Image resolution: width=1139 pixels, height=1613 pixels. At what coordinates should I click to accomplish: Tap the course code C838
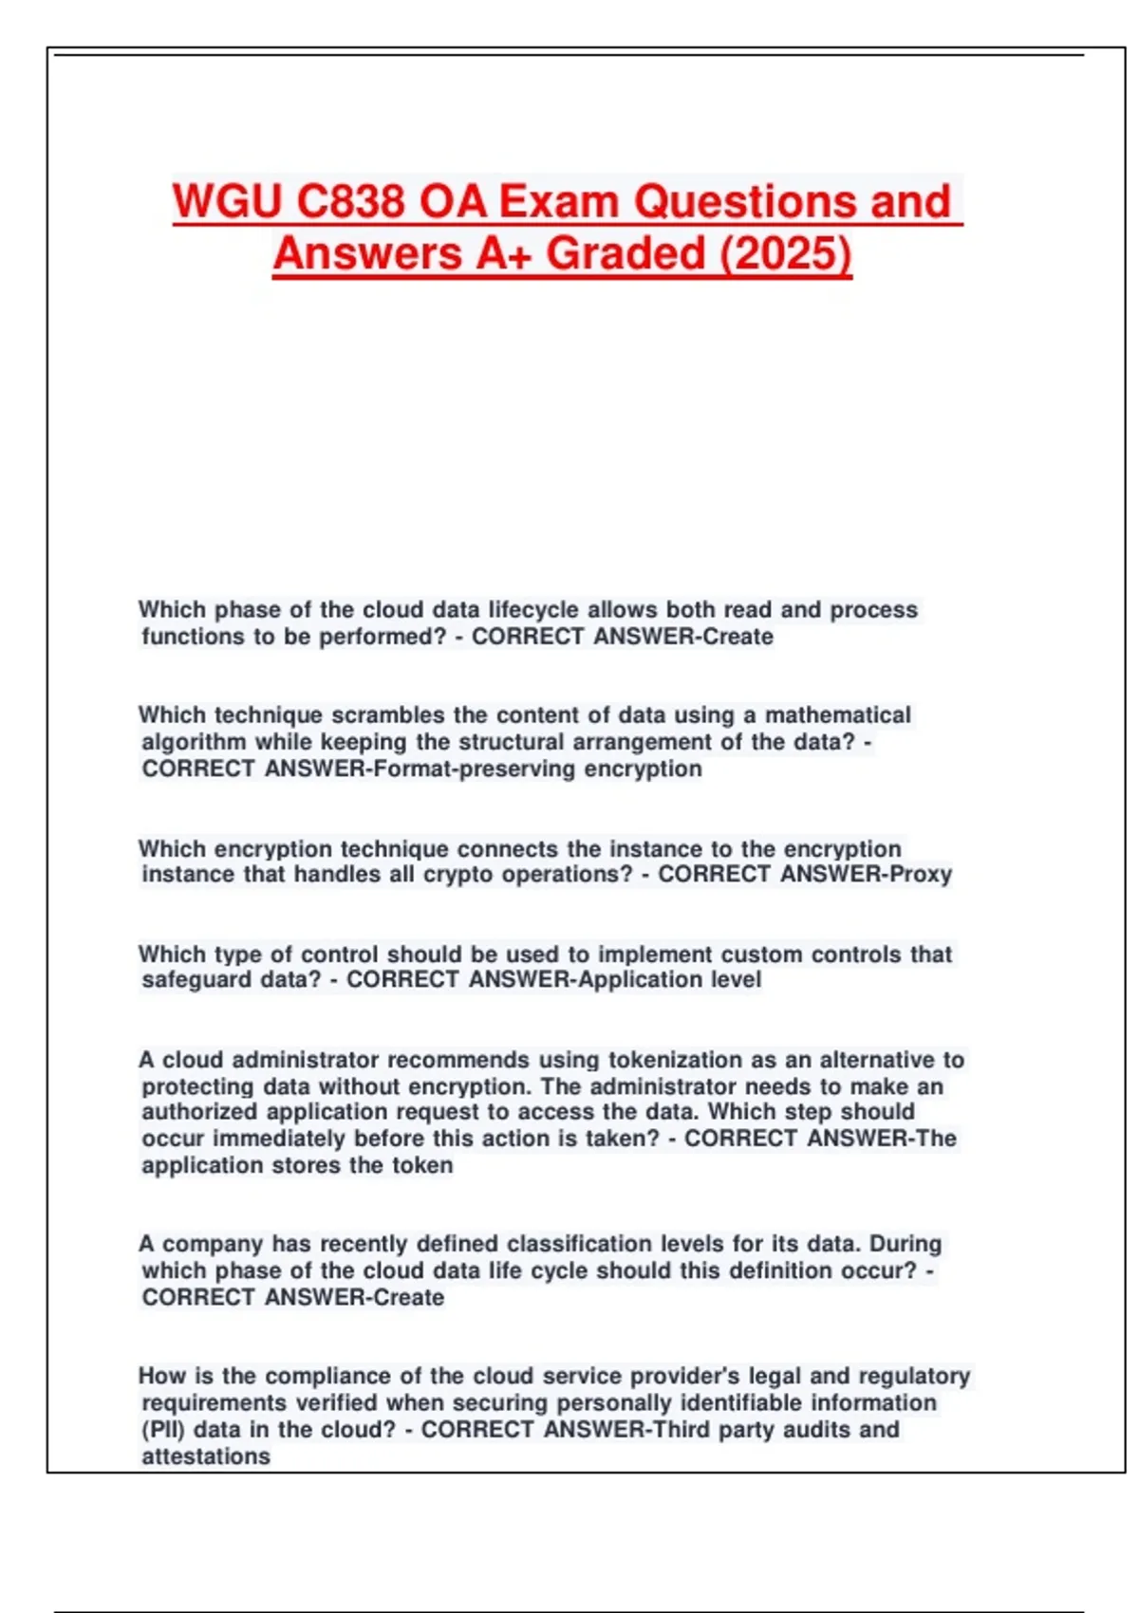(x=351, y=201)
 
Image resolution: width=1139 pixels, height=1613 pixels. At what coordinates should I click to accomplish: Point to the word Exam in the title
(x=559, y=201)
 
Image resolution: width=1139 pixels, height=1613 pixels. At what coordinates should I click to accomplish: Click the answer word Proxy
(x=920, y=874)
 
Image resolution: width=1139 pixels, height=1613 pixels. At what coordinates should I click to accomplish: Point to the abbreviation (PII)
(x=163, y=1429)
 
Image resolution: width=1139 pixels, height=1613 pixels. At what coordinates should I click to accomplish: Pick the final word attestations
(x=206, y=1456)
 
